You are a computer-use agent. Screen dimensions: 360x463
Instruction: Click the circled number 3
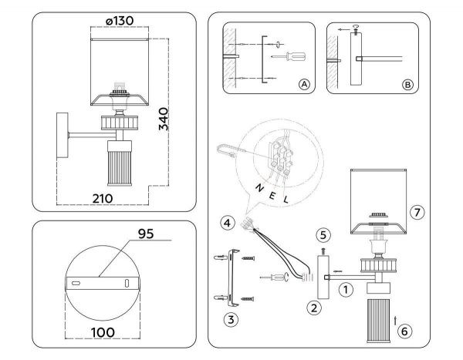click(x=230, y=318)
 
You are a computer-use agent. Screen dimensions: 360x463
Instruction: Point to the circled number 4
click(x=226, y=224)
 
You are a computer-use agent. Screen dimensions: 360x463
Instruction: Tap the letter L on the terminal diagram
click(x=286, y=200)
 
